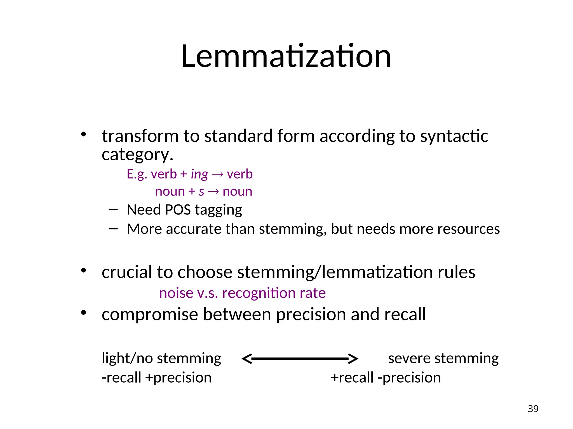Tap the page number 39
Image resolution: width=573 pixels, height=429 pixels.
click(x=533, y=409)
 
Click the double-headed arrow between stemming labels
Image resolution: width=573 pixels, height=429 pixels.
click(x=300, y=358)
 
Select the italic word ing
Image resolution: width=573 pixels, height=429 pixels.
click(x=199, y=175)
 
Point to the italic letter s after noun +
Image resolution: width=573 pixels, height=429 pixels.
click(x=201, y=192)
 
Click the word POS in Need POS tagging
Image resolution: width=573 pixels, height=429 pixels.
click(x=178, y=210)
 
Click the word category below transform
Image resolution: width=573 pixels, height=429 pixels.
click(x=137, y=155)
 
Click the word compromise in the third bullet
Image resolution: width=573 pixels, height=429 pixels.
click(x=150, y=314)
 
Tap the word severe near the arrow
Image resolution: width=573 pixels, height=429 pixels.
click(x=409, y=358)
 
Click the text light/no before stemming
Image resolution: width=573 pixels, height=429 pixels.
click(x=119, y=358)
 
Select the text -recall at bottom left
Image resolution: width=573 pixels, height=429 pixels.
click(x=121, y=378)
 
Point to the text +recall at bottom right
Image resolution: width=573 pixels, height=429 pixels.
click(x=352, y=378)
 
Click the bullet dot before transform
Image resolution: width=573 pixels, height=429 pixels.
click(x=83, y=135)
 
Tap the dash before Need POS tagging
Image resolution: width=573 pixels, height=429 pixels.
click(x=113, y=209)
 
